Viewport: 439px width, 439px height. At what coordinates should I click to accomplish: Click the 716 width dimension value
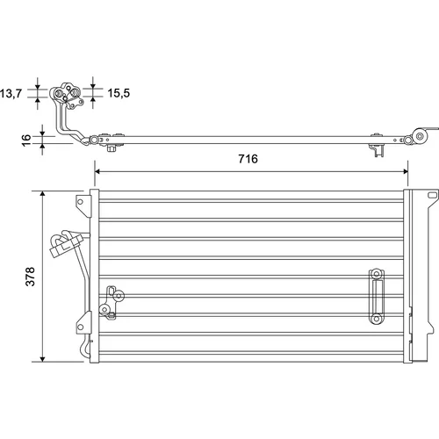click(x=248, y=159)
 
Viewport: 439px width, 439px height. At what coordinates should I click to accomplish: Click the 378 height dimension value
click(x=31, y=277)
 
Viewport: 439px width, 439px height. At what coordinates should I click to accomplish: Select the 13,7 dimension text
click(x=11, y=94)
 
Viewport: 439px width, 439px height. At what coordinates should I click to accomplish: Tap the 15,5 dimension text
click(x=119, y=93)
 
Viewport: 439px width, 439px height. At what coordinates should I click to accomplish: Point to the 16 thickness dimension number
click(x=26, y=140)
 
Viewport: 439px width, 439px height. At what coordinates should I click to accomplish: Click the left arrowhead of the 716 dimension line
click(x=97, y=171)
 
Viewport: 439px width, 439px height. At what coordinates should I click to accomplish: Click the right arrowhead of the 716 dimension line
click(x=405, y=171)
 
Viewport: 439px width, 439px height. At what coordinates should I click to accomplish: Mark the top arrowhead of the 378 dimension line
click(x=43, y=194)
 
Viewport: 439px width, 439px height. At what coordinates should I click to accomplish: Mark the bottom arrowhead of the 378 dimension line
click(x=43, y=358)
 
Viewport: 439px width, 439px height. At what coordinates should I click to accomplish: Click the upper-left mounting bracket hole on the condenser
click(x=80, y=202)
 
